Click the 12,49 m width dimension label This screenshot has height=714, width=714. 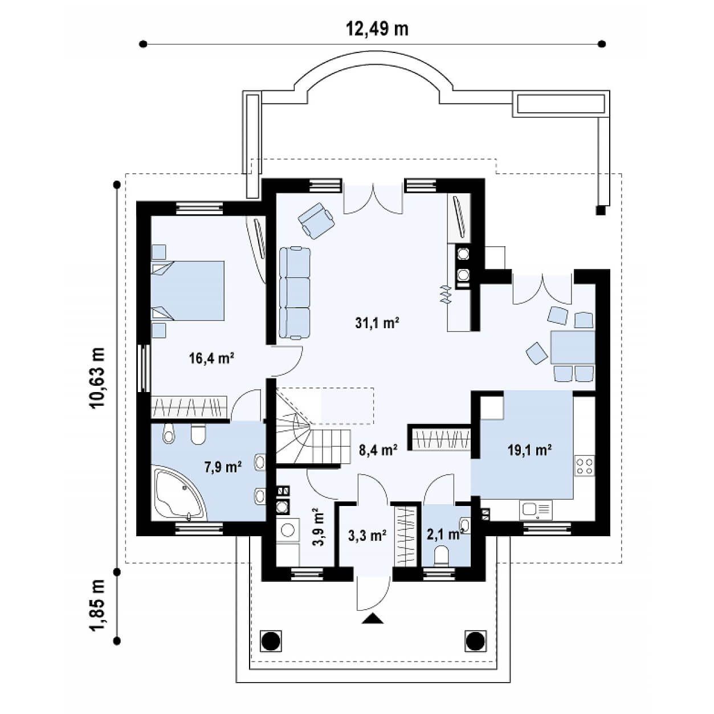377,29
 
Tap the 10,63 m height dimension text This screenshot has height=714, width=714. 97,377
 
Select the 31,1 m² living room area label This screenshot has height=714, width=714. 377,323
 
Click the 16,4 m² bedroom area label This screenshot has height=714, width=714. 211,358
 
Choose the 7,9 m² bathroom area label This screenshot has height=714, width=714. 223,467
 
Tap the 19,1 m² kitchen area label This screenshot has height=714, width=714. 529,450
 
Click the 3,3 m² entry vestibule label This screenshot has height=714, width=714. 368,535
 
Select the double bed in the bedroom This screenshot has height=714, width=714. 187,291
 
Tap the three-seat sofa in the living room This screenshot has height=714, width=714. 295,293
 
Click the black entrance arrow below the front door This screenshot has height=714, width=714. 372,618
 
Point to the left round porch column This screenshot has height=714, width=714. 271,640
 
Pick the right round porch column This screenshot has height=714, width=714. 475,640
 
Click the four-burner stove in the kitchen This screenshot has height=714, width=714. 584,467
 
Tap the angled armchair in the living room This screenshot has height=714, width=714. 316,221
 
